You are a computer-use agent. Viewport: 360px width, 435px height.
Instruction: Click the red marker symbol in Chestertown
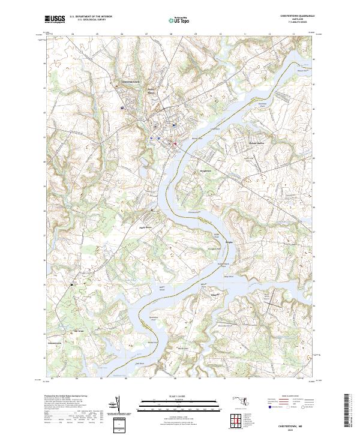pos(175,144)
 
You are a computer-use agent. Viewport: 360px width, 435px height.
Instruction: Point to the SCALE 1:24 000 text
pos(181,397)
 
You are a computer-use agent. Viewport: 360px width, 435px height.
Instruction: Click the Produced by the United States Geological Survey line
pos(65,397)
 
